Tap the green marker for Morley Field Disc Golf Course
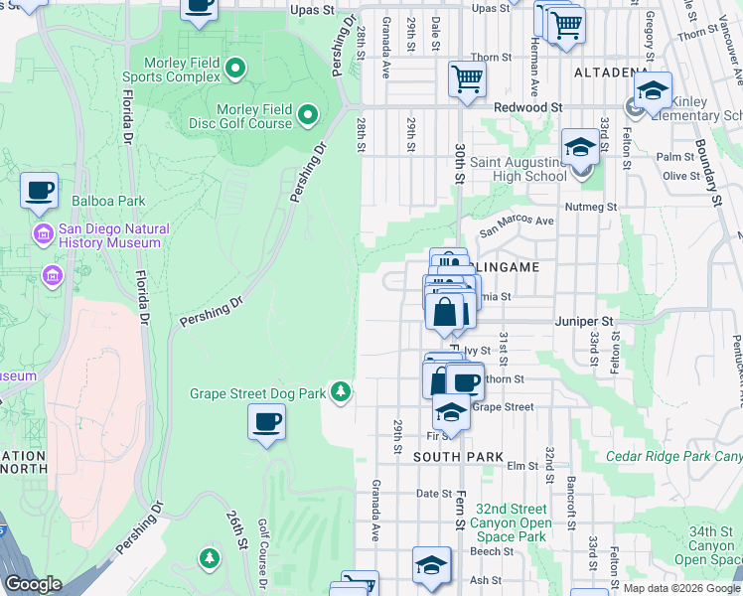point(308,115)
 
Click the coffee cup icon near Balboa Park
point(39,190)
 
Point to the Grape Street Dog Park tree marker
point(341,392)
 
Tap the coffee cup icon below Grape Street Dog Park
point(265,422)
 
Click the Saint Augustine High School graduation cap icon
point(580,148)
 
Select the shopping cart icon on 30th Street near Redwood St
point(467,78)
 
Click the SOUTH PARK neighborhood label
point(454,456)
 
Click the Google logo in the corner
point(33,584)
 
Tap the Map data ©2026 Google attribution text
point(681,588)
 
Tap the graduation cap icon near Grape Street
point(451,411)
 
